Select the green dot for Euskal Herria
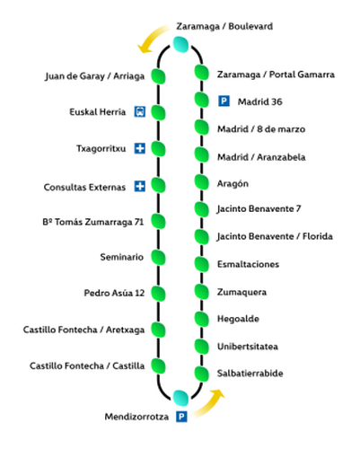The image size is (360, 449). click(x=160, y=112)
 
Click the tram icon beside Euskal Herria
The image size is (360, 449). click(x=139, y=112)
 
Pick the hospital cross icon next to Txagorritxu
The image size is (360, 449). click(x=139, y=148)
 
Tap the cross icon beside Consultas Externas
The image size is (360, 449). click(x=139, y=187)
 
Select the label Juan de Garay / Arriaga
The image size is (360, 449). click(x=94, y=75)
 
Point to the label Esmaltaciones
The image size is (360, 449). click(x=248, y=264)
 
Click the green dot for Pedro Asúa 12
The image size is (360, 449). click(x=160, y=294)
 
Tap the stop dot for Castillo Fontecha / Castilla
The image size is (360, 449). click(x=160, y=365)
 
